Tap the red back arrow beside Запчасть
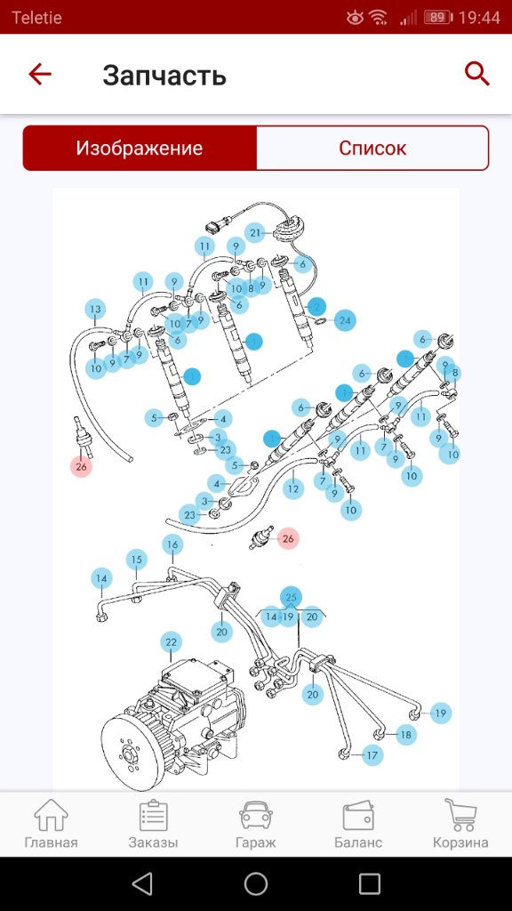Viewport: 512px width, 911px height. tap(40, 75)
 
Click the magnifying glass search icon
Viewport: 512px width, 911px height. tap(477, 75)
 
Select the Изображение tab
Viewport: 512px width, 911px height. tap(140, 149)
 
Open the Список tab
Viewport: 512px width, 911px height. tap(372, 149)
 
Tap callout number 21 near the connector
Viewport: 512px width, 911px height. tap(255, 234)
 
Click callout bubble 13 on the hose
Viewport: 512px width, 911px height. tap(96, 310)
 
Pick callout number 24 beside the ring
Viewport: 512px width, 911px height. tap(345, 320)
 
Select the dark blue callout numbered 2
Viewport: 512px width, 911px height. tap(316, 306)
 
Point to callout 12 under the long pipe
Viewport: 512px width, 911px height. tap(293, 489)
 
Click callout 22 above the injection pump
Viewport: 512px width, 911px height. tap(171, 642)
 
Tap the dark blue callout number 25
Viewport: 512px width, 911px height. tap(292, 597)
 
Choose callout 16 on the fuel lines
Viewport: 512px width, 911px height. tap(172, 544)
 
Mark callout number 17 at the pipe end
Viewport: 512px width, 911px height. tap(372, 756)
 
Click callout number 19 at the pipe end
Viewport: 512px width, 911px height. tap(441, 713)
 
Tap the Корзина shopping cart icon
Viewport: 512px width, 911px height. tap(460, 815)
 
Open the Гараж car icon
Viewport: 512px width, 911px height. tap(255, 816)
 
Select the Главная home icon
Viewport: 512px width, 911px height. tap(51, 815)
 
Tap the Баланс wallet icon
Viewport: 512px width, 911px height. tap(358, 816)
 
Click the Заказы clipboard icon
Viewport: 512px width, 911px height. tap(153, 815)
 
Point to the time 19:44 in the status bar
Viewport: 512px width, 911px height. tap(479, 18)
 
